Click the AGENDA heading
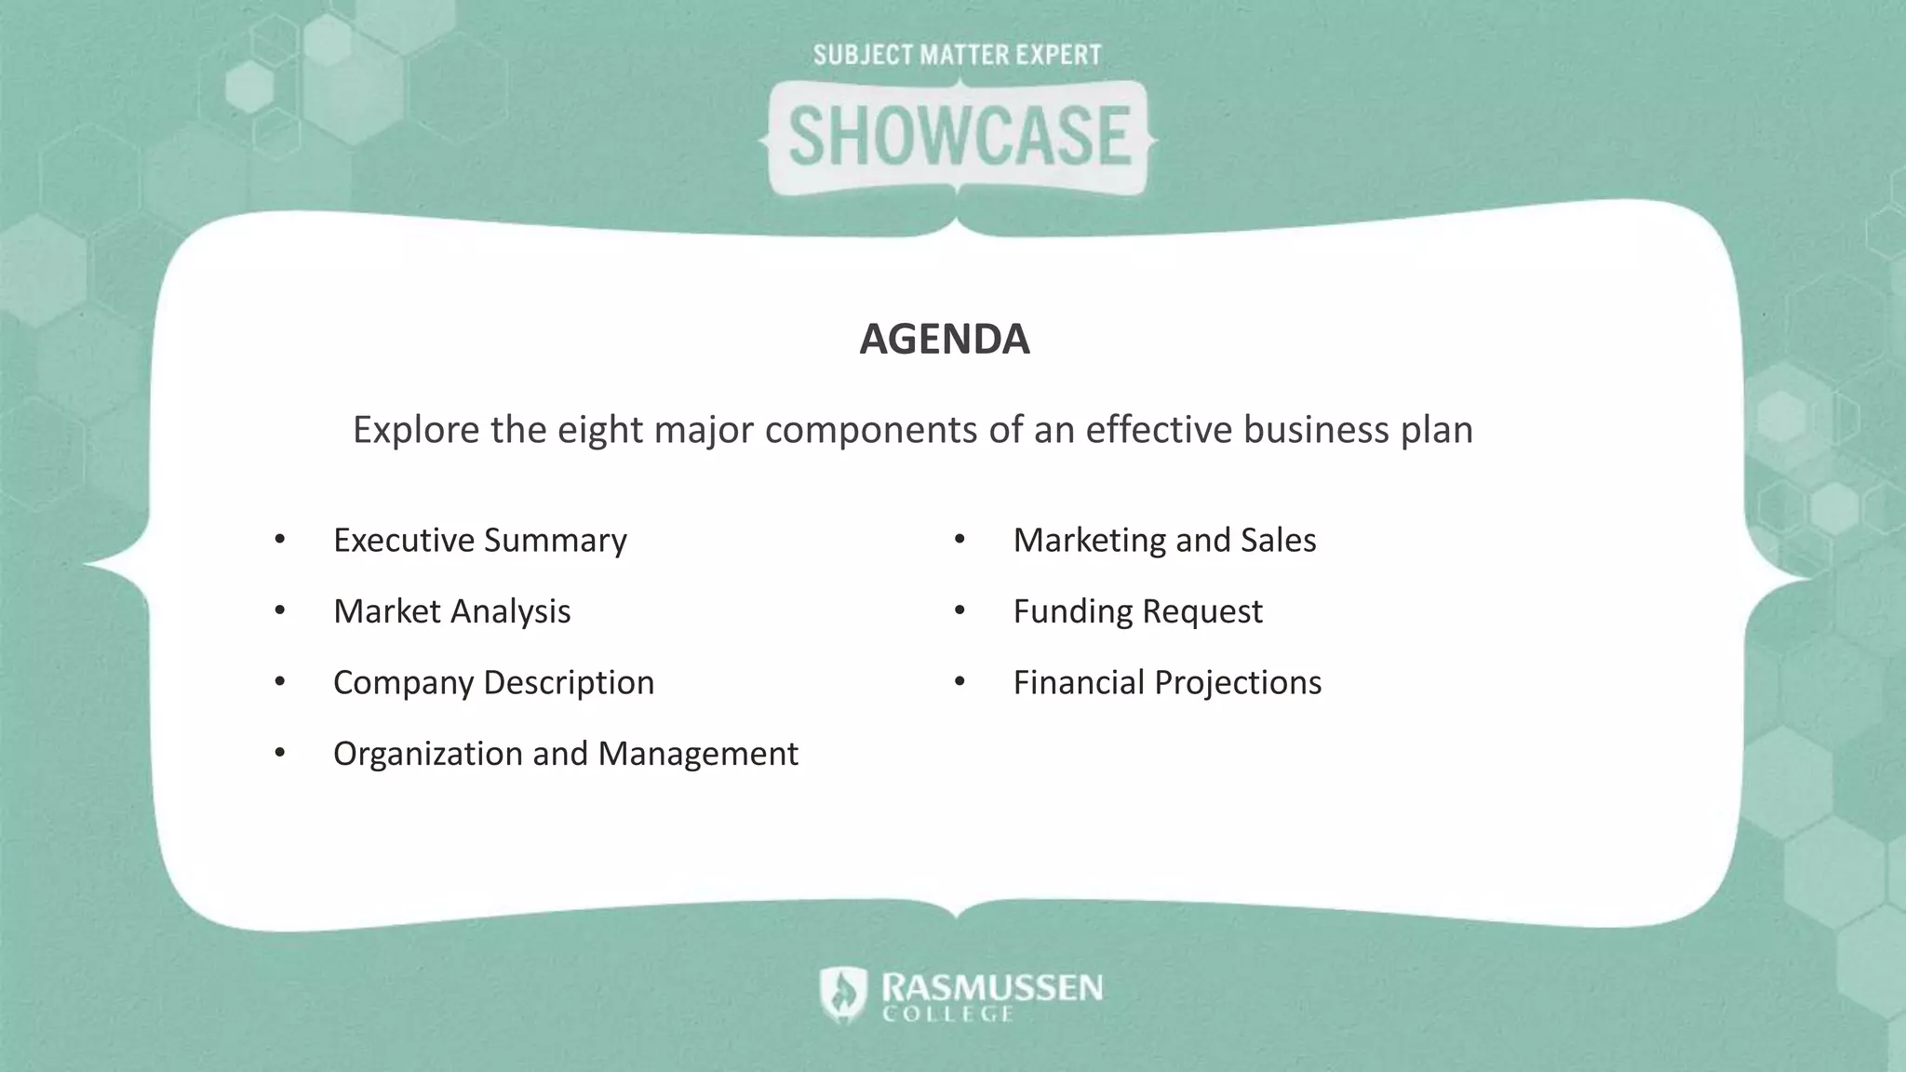pos(944,339)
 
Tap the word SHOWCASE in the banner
pos(959,137)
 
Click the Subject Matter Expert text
pos(957,55)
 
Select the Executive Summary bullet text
pos(479,541)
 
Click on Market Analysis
pos(451,611)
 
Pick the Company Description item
pos(493,683)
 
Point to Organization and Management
pos(565,754)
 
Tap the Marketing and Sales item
pos(1164,541)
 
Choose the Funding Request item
pos(1137,611)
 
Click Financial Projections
pos(1167,683)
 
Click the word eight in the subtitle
pos(600,431)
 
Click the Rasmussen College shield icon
pos(843,994)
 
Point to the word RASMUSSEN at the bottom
pos(992,986)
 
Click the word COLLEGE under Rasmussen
pos(947,1014)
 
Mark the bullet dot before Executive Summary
pos(280,540)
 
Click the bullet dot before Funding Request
pos(960,611)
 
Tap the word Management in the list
pos(698,754)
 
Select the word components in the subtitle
pos(871,431)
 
